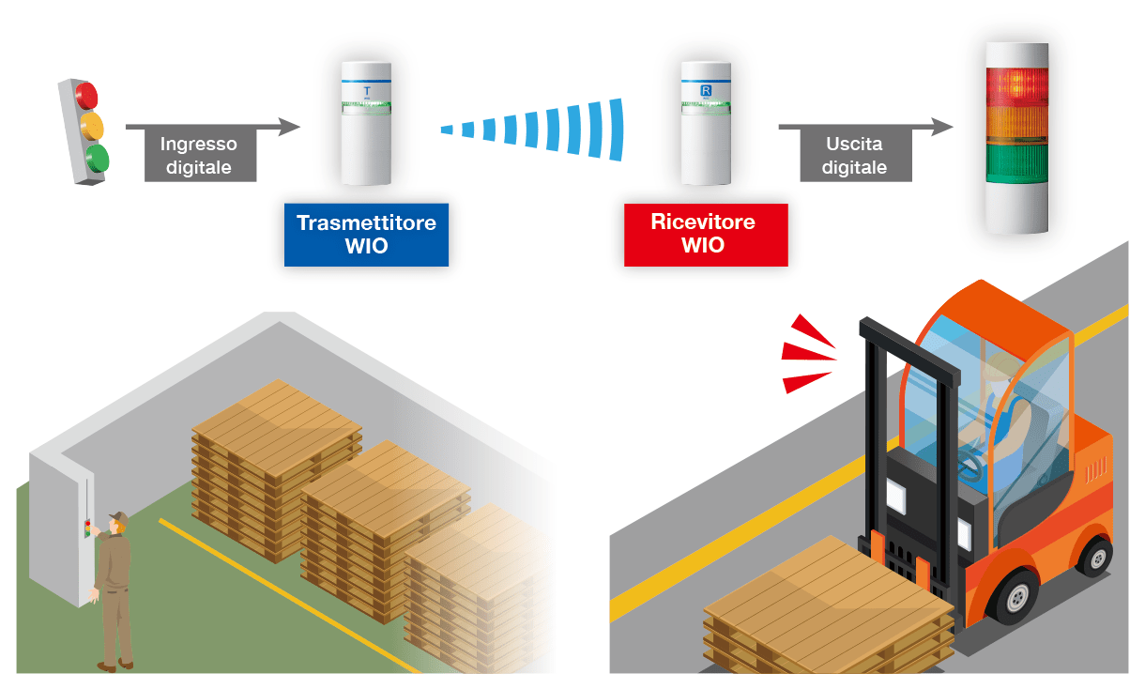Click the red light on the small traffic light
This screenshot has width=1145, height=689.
click(86, 95)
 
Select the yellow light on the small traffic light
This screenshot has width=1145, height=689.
click(91, 125)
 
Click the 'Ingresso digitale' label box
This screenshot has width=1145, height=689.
click(198, 156)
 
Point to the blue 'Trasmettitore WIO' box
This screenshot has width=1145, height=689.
click(366, 234)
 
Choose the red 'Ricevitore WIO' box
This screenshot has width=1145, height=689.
click(705, 234)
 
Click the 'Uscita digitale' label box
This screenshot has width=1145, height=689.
click(854, 156)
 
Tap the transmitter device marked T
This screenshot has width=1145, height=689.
click(366, 122)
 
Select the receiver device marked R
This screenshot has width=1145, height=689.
click(706, 122)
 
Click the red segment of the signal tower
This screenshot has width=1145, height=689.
click(1015, 84)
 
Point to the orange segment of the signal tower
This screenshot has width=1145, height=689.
click(1015, 124)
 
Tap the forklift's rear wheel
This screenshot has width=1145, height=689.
click(1094, 555)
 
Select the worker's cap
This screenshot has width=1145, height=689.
click(117, 516)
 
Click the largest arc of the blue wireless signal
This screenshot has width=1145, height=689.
click(616, 129)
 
